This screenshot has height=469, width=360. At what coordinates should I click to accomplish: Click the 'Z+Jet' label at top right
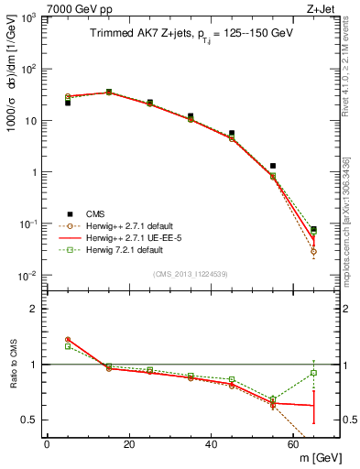click(322, 8)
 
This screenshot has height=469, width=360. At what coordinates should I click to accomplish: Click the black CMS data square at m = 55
click(273, 166)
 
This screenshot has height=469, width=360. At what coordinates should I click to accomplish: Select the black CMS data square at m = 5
click(68, 103)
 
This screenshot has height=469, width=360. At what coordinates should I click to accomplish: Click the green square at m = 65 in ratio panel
click(313, 372)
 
